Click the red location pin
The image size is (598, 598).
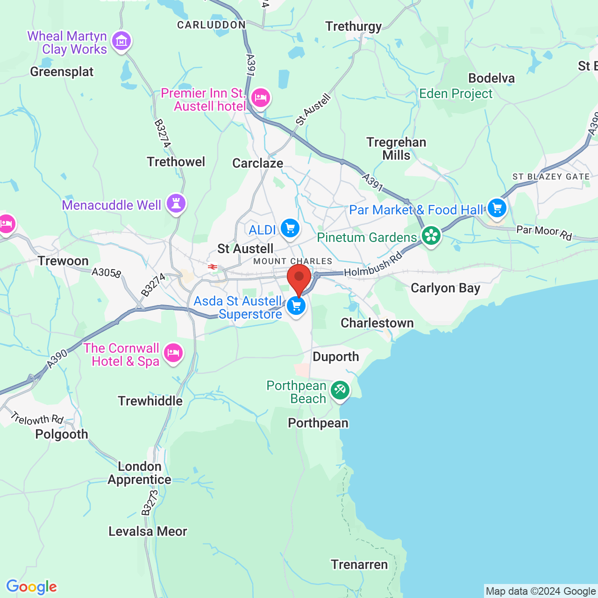299,278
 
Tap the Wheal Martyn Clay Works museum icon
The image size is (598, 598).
122,41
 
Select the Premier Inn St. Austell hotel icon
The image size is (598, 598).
260,98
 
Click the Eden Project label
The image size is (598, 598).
456,94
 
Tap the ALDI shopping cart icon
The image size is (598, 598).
290,228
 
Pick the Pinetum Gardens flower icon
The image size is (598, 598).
431,236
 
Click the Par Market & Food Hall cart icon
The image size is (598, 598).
497,208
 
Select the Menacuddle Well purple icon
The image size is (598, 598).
176,204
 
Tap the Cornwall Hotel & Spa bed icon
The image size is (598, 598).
173,353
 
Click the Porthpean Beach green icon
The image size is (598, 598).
340,390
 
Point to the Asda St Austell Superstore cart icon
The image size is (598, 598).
296,306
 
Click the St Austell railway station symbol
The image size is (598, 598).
213,267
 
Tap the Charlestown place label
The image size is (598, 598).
377,323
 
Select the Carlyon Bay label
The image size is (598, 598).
445,288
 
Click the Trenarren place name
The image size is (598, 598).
359,565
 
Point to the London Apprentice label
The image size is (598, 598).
139,473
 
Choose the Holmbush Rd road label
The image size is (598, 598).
373,264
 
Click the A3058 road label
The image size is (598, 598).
106,272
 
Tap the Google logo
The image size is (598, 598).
31,587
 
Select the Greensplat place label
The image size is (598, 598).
62,72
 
